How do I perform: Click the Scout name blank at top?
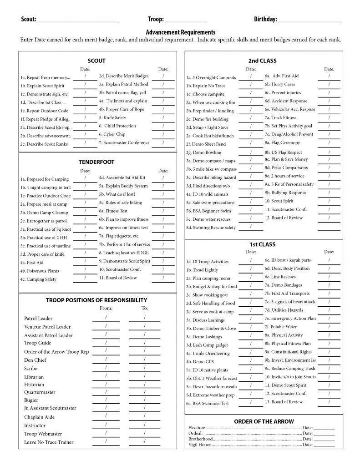[x=77, y=20]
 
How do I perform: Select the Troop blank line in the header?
[x=186, y=20]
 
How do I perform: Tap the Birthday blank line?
[x=309, y=20]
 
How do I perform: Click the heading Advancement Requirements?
[x=180, y=32]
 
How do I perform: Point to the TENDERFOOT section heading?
[x=96, y=162]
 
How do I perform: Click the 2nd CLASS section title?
[x=262, y=61]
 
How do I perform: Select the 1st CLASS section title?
[x=263, y=244]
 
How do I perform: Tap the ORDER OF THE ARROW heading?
[x=264, y=421]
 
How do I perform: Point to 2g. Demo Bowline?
[x=203, y=152]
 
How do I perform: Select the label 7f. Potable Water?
[x=281, y=327]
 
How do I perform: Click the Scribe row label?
[x=31, y=368]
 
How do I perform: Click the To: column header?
[x=144, y=309]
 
